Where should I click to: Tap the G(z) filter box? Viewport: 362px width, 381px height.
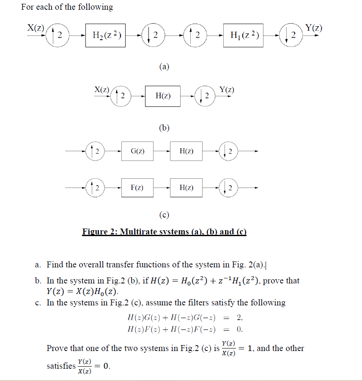coord(137,151)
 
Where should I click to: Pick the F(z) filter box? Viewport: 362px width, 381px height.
coord(137,187)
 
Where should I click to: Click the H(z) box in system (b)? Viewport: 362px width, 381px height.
coord(163,96)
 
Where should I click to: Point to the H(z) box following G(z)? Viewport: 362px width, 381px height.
coord(186,151)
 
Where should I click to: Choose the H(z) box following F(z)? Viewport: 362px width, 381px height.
coord(186,187)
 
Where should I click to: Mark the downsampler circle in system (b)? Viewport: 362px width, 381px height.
coord(205,96)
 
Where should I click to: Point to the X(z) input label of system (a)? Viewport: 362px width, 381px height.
coord(36,28)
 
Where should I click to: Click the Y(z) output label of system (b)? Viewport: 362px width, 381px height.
coord(227,89)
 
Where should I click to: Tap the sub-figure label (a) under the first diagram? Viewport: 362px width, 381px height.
coord(164,66)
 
